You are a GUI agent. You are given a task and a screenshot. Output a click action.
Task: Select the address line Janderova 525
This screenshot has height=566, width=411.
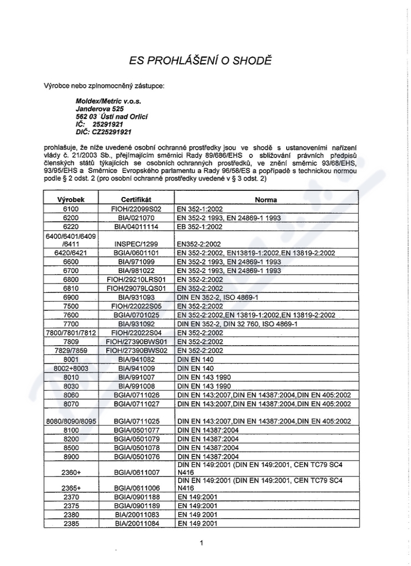coord(100,109)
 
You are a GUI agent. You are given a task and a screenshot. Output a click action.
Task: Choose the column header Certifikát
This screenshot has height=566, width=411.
coord(136,199)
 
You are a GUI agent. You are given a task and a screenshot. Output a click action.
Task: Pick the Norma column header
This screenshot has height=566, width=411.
coord(266,199)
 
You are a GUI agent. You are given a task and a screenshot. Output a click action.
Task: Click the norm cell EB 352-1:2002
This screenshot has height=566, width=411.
coord(199,226)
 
